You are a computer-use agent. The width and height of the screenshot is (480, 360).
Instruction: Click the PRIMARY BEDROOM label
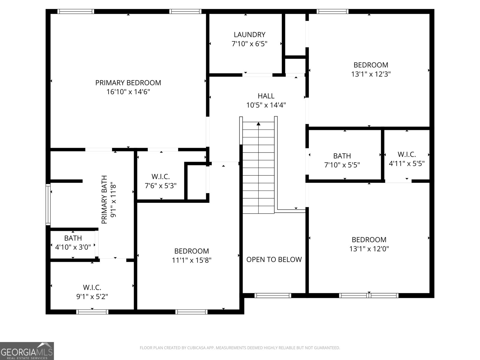tap(128, 82)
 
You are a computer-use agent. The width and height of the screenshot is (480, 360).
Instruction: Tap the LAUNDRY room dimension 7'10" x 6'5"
tap(249, 44)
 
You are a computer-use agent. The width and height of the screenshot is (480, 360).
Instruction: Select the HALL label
tap(266, 96)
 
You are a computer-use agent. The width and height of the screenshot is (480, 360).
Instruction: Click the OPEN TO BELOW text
tap(274, 259)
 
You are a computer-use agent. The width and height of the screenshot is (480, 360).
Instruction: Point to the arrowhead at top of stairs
tap(259, 123)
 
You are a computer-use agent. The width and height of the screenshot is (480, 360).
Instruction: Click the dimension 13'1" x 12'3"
tap(371, 74)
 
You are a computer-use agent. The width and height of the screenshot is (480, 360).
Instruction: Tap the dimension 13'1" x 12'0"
tap(369, 249)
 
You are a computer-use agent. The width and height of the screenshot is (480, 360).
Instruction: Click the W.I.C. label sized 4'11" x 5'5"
tap(406, 154)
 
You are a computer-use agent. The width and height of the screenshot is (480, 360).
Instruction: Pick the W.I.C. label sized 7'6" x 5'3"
tap(160, 177)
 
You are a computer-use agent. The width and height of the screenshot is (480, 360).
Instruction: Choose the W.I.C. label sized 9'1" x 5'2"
tap(92, 287)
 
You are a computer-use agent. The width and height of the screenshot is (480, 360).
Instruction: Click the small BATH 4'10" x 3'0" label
tap(73, 238)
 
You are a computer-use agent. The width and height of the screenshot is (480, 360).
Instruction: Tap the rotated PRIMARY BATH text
tap(104, 199)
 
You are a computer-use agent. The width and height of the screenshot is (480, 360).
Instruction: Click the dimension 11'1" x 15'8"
tap(191, 260)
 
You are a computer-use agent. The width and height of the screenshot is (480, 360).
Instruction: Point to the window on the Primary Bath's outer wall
tap(48, 205)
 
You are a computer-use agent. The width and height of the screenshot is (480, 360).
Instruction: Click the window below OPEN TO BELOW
tap(273, 295)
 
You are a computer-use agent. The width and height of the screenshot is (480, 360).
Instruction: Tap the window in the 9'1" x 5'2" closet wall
tap(92, 312)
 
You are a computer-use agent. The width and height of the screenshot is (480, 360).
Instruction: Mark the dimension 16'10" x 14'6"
tap(128, 92)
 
